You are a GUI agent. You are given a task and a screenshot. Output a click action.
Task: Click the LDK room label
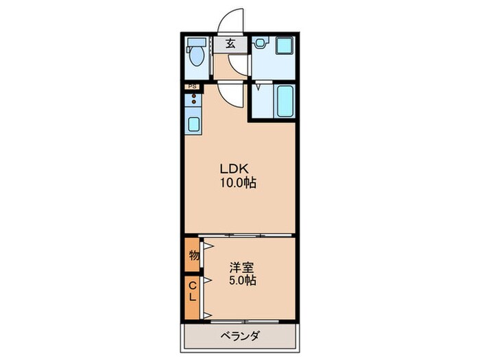coord(234,169)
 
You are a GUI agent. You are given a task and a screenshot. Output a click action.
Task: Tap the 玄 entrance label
coord(231,44)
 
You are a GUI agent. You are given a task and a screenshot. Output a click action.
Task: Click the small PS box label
coord(193,87)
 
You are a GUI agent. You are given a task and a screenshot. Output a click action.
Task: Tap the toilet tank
coord(191,42)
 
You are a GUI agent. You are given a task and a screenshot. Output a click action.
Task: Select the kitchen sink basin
coord(194,125)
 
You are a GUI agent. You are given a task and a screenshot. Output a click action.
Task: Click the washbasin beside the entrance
coord(260,43)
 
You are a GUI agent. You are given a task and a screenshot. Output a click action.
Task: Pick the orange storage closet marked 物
coord(192,256)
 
